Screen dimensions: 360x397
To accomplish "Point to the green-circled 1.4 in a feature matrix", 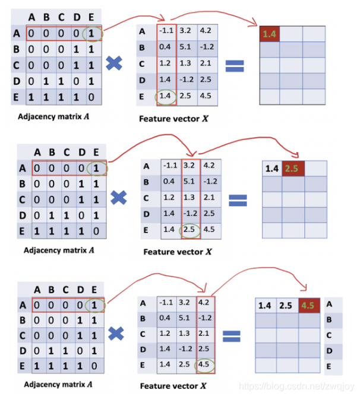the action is click(166, 96).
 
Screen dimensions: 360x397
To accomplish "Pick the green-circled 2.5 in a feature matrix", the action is click(190, 229).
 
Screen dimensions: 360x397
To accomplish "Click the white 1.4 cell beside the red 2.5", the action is click(272, 169).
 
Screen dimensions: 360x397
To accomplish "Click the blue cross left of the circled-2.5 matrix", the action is click(119, 198).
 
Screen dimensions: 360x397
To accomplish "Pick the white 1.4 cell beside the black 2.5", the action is click(263, 306).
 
